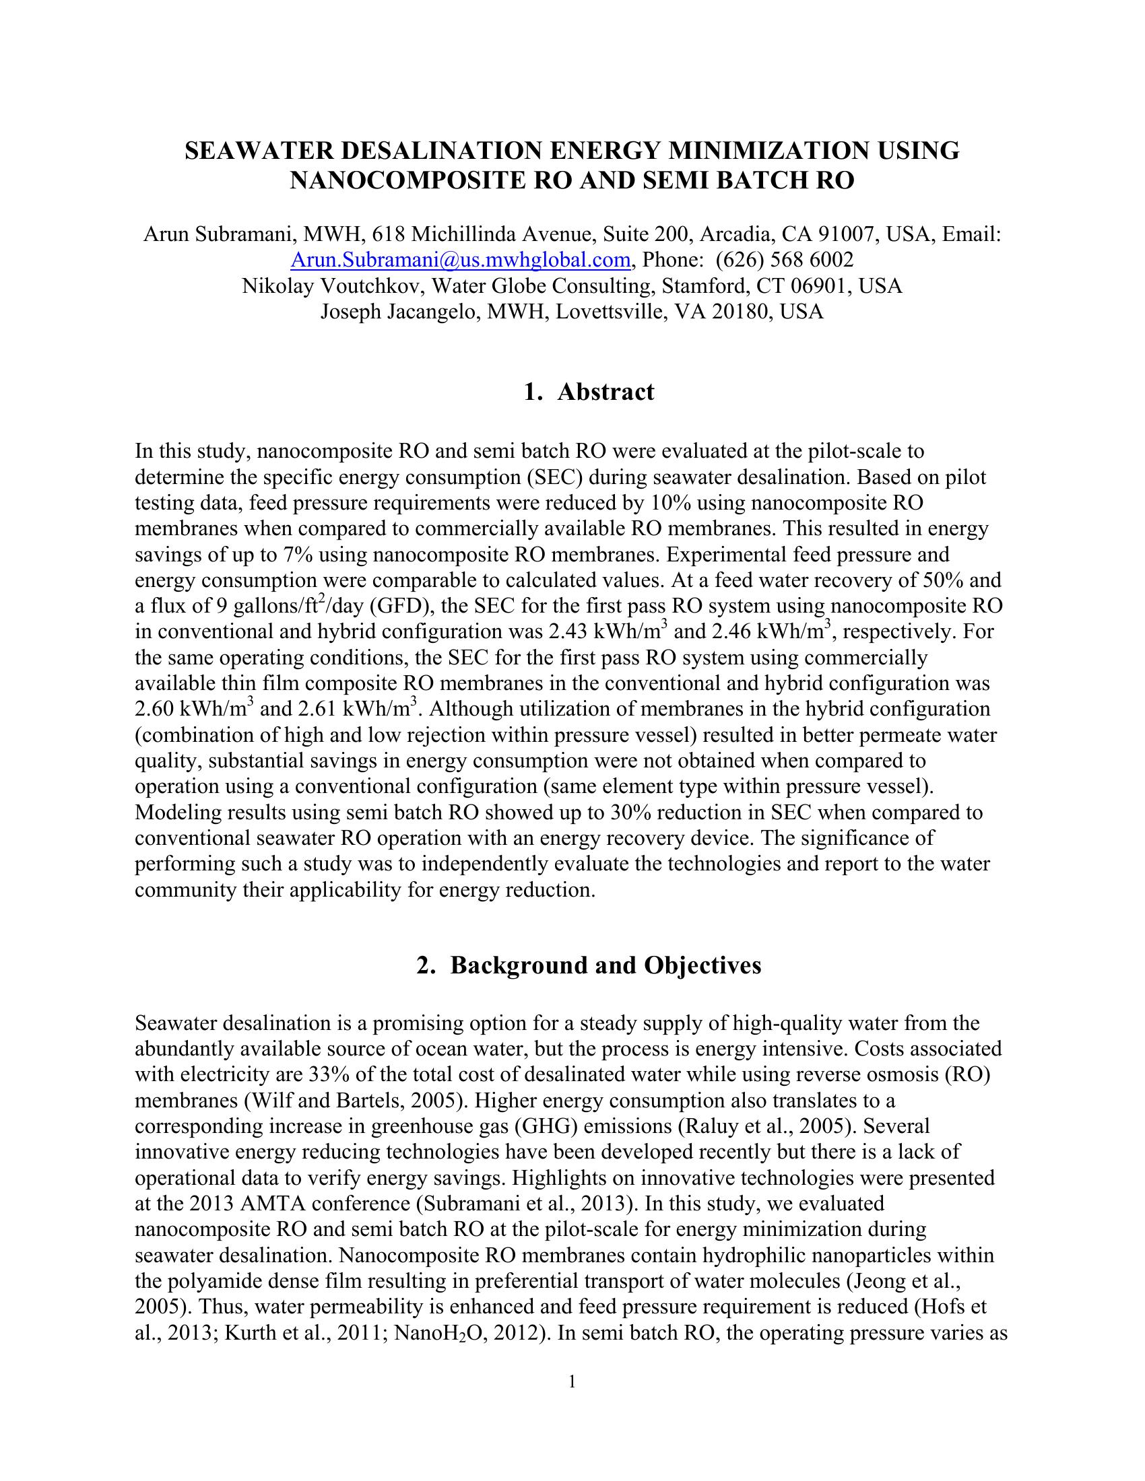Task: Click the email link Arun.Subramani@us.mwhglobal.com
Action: tap(461, 261)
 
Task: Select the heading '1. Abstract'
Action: tap(589, 392)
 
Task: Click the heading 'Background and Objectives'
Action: tap(605, 965)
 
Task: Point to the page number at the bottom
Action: tap(572, 1381)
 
